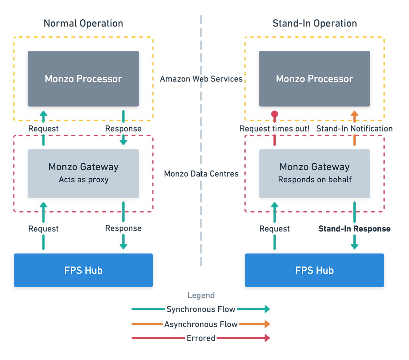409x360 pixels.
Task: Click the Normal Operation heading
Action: [83, 23]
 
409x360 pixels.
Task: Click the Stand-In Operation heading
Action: [314, 23]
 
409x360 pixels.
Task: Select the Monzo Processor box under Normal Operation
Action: [83, 79]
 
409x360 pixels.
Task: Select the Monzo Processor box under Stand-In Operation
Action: [314, 79]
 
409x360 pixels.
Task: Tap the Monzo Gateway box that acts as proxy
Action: [83, 173]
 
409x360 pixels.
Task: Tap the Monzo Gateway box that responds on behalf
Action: [314, 173]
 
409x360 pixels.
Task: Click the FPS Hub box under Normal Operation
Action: [83, 270]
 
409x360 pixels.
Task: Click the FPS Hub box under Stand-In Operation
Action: [314, 270]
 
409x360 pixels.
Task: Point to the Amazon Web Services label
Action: [201, 79]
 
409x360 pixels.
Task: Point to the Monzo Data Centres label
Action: [201, 174]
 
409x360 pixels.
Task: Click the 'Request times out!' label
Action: [274, 129]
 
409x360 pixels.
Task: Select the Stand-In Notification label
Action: [354, 129]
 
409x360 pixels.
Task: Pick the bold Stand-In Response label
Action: [354, 229]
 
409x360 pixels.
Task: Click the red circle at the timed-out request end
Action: [274, 114]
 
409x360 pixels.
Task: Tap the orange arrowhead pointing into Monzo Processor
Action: [354, 113]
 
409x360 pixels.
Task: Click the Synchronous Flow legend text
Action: [201, 309]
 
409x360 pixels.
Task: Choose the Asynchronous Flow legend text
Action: [201, 324]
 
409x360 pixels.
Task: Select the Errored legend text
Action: [201, 338]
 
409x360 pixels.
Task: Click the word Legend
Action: [201, 295]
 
